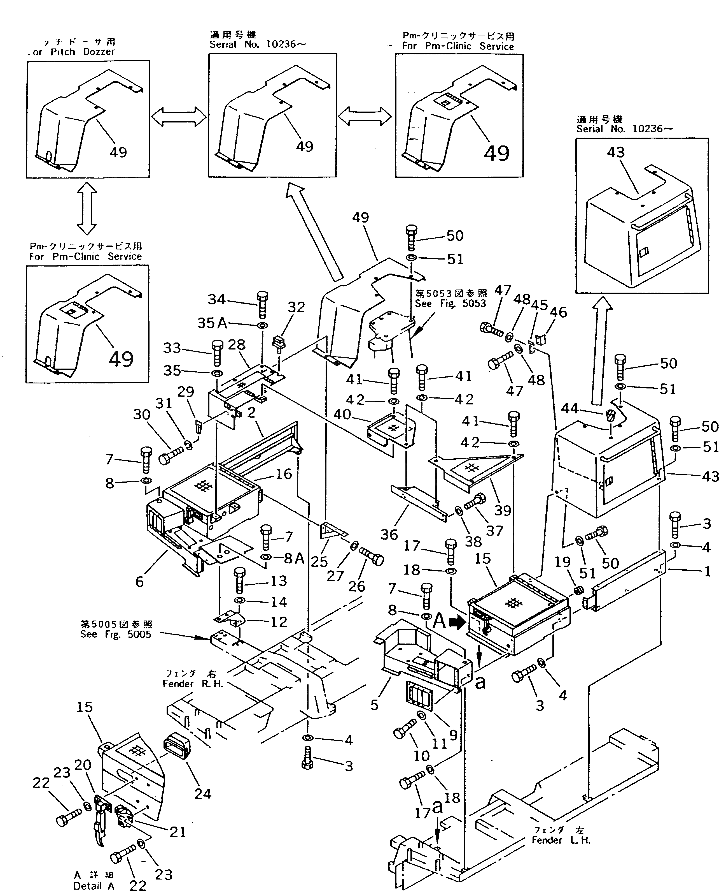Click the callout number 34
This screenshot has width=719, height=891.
pos(217,299)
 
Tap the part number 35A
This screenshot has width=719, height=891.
pos(212,323)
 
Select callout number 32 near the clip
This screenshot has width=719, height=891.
pos(296,307)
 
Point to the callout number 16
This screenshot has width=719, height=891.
pos(284,473)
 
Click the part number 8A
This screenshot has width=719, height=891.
pos(294,559)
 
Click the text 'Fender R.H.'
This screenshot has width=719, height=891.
pos(193,684)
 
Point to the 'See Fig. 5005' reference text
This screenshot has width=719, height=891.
pos(116,634)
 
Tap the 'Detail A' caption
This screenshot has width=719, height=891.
pos(93,886)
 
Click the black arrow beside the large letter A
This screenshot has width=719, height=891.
pos(457,622)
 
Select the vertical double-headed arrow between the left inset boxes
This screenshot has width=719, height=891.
pos(87,208)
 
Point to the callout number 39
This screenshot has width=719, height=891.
pos(502,510)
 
